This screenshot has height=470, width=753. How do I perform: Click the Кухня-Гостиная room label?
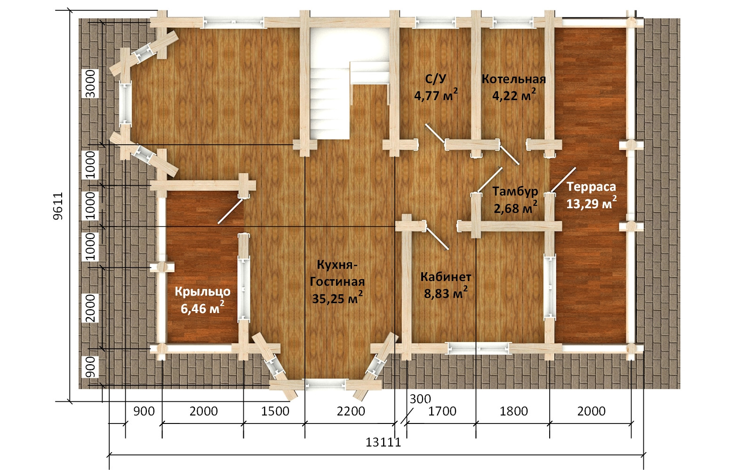point(337,273)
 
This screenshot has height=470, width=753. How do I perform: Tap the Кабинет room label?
point(446,277)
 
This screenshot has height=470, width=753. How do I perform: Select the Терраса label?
point(591,187)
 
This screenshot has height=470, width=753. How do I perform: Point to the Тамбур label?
point(515,191)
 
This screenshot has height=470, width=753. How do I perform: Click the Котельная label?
point(513,79)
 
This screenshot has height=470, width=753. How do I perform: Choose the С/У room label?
point(436,79)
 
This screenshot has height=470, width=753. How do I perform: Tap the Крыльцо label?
point(202,292)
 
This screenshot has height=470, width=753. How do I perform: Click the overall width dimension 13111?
point(383,442)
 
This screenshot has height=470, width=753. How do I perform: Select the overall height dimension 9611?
point(58,206)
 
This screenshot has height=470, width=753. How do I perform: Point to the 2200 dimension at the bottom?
point(351,411)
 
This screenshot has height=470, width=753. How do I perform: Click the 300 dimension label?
point(420,399)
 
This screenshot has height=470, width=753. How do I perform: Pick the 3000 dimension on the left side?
point(90,84)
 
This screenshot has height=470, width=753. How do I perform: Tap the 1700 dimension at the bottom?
point(442,411)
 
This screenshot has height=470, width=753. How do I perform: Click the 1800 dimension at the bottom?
point(513,411)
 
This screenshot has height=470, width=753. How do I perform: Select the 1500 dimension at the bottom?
point(275,411)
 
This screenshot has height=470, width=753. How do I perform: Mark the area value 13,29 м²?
point(592,203)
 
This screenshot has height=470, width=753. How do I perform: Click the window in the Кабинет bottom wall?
point(478,348)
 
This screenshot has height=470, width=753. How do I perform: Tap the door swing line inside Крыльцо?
point(231,211)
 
